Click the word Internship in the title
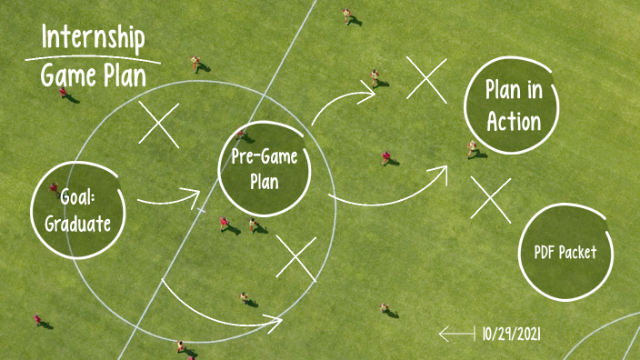[x=94, y=39]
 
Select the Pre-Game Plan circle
[x=264, y=167]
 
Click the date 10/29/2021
[x=512, y=335]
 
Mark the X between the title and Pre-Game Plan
[x=159, y=124]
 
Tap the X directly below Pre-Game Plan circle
[x=295, y=257]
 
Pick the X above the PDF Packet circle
[x=491, y=199]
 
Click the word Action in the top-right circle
[x=514, y=122]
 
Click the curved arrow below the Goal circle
[x=218, y=305]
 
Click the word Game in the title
[x=67, y=76]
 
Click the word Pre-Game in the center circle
[x=265, y=156]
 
